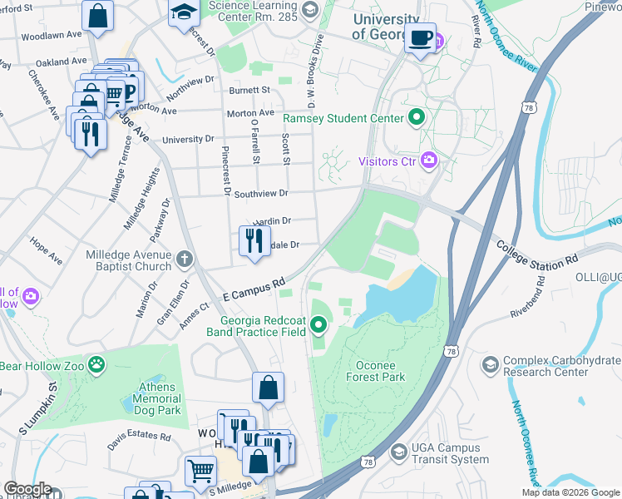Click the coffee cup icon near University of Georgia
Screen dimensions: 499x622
click(x=421, y=37)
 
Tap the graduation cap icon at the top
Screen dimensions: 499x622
click(x=181, y=12)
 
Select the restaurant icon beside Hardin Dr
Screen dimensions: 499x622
click(x=254, y=240)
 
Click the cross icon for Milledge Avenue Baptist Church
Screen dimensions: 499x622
click(x=183, y=259)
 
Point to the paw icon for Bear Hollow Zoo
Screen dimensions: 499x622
click(x=98, y=363)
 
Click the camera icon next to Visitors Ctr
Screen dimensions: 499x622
click(x=429, y=160)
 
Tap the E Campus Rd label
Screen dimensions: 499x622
click(x=254, y=291)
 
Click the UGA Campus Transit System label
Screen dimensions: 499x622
click(x=450, y=453)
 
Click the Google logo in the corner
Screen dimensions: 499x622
click(x=27, y=488)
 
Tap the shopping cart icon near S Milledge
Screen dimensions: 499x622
click(x=200, y=472)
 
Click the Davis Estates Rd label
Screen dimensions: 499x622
click(x=138, y=435)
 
